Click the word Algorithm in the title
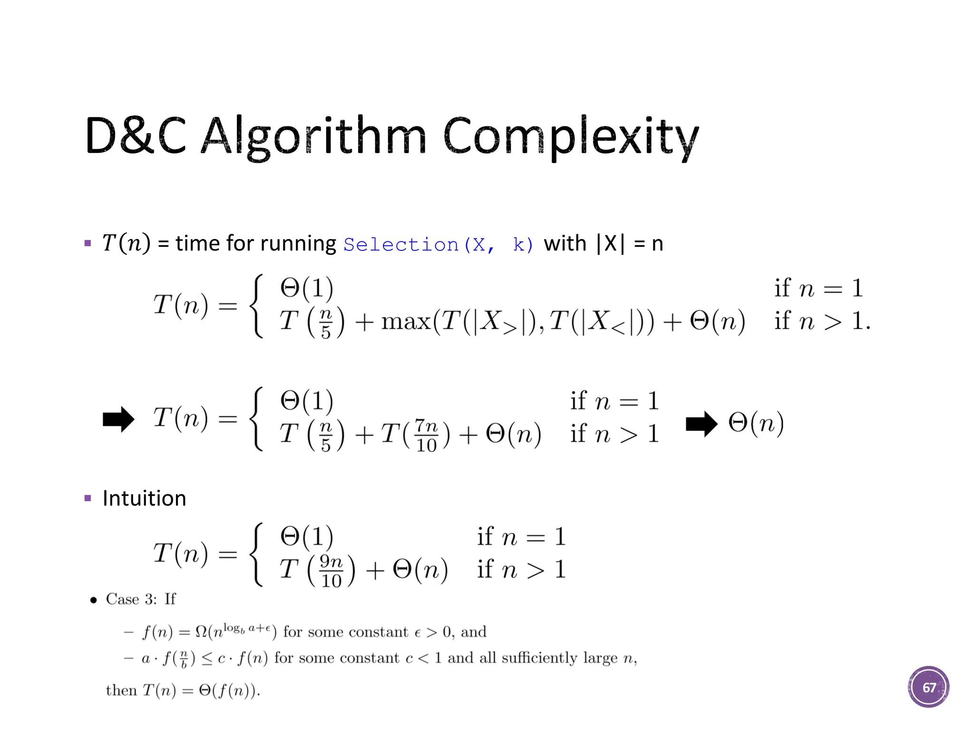[314, 136]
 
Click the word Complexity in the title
[571, 136]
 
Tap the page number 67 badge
[928, 687]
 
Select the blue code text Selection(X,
[419, 245]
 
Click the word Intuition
[144, 499]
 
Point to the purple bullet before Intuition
[88, 499]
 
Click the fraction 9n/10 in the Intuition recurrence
[331, 570]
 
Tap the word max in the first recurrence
[405, 322]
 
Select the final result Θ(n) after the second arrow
[756, 423]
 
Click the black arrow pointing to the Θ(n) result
[701, 423]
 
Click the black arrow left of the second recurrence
[118, 419]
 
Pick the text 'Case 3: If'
[141, 599]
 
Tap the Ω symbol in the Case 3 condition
[201, 632]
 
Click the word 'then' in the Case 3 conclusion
[121, 690]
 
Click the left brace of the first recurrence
[257, 306]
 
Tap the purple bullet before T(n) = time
[88, 243]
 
